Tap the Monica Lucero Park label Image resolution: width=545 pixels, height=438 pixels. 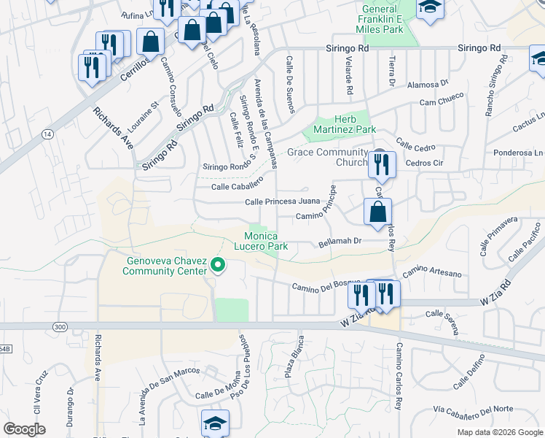pos(266,242)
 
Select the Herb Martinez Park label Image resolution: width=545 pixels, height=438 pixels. pos(344,124)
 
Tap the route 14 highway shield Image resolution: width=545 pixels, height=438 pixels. pos(47,134)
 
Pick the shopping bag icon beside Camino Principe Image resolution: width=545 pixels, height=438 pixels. pos(377,213)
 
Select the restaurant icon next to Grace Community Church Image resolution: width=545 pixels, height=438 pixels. pos(380,165)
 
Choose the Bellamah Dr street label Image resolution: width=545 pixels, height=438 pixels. pos(340,242)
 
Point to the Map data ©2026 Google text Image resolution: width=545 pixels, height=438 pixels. pos(499,432)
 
